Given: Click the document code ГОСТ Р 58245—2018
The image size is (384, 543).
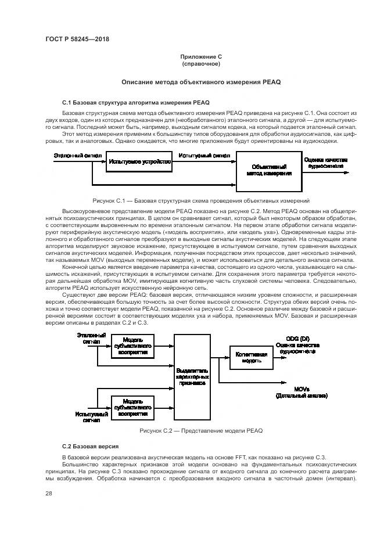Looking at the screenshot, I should pos(77,39).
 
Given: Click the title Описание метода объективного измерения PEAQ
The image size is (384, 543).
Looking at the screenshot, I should pos(200,82).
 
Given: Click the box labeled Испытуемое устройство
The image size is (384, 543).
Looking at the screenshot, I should pos(139,161).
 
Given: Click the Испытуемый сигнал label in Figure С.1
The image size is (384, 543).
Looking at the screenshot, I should pos(204,156).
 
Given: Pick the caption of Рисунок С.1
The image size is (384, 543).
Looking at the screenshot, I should pos(200,199).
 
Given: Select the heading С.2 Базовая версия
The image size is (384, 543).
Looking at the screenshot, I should pos(90,446).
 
